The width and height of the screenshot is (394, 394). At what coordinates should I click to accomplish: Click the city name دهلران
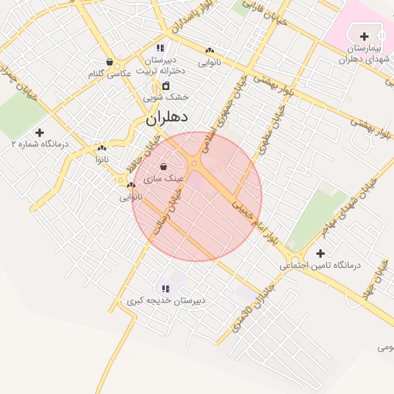168,119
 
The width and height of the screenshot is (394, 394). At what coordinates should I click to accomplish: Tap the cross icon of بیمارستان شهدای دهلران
364,36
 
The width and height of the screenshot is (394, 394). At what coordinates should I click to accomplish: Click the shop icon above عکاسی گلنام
109,62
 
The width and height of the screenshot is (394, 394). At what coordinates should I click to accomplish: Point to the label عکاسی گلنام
107,74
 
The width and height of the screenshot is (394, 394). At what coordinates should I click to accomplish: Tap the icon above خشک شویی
166,85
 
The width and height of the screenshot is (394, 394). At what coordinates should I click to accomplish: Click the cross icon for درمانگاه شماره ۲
40,132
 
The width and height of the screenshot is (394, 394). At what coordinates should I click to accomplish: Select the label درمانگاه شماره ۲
40,144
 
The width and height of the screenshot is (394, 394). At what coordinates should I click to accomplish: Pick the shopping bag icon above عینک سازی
163,166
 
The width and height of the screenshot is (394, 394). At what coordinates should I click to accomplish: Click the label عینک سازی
170,178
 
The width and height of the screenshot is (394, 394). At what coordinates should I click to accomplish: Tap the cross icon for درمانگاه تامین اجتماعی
320,253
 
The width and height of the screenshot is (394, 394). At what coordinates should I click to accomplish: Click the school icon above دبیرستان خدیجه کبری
166,289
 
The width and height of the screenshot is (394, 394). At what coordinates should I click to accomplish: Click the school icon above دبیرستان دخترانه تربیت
160,48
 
